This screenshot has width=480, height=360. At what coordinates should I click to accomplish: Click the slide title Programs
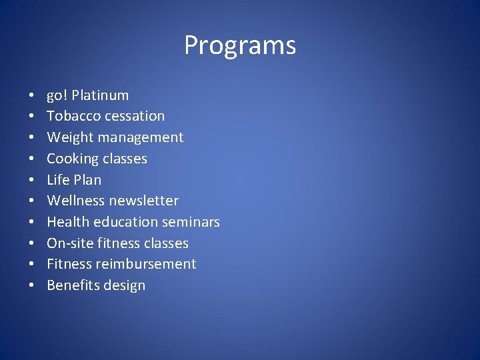pyautogui.click(x=240, y=46)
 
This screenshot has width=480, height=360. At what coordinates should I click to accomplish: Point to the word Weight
pyautogui.click(x=68, y=137)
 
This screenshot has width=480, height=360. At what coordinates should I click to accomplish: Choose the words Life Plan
pyautogui.click(x=74, y=180)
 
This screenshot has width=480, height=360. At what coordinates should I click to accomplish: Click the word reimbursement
pyautogui.click(x=146, y=264)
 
